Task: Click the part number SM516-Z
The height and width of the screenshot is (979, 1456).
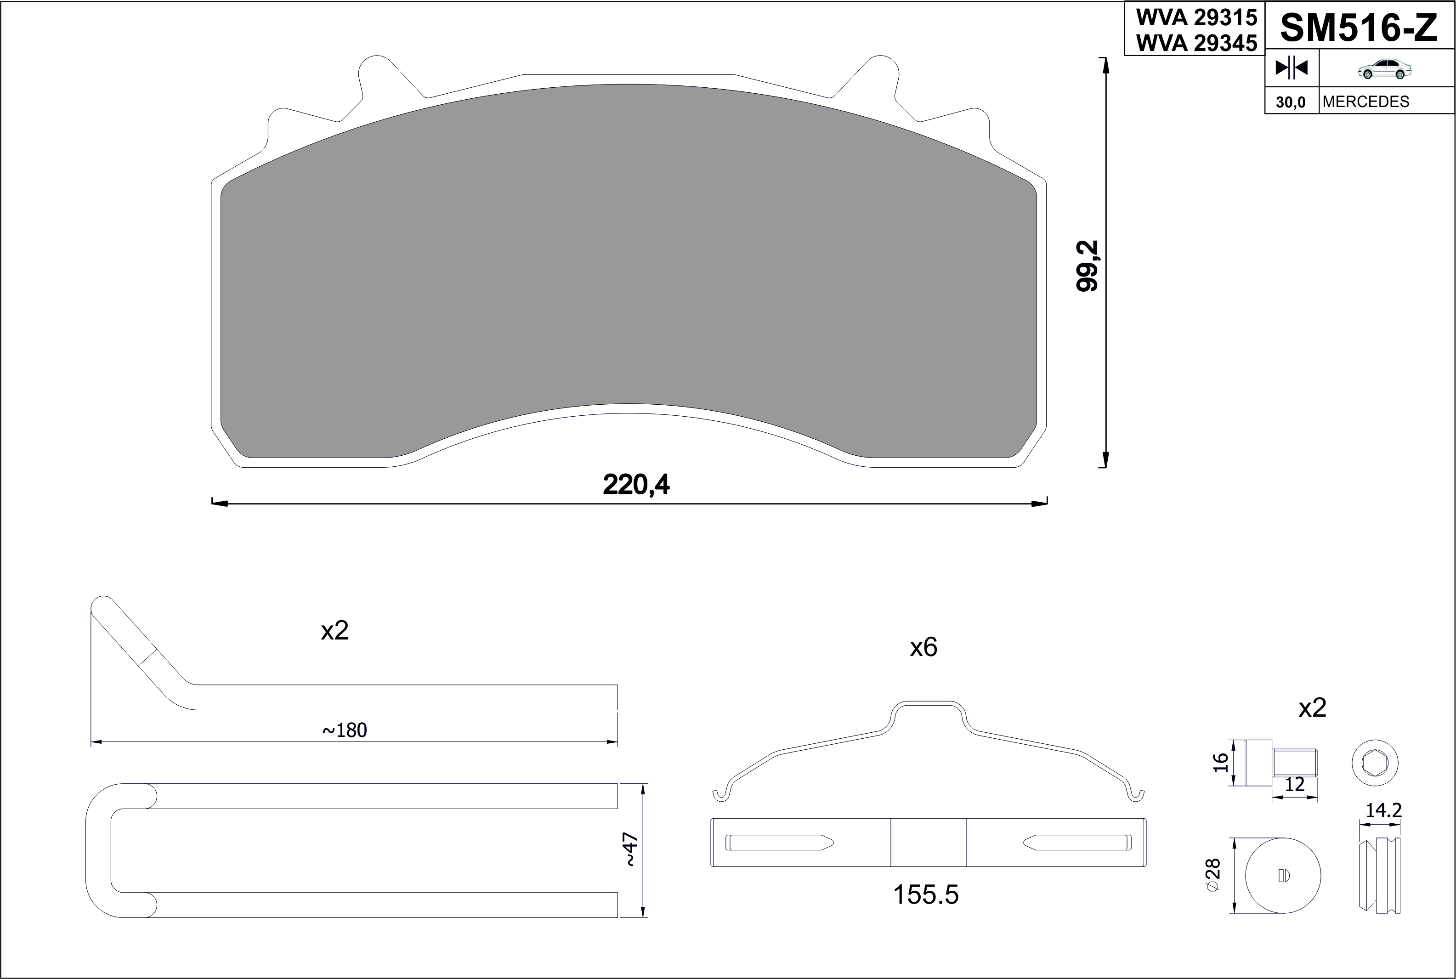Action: click(1359, 28)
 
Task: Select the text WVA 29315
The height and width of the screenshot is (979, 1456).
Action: click(1195, 17)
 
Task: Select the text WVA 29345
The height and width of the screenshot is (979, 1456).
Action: click(1195, 42)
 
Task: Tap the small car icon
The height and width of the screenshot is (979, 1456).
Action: click(1385, 70)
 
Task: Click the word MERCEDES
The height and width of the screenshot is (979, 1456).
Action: click(1365, 102)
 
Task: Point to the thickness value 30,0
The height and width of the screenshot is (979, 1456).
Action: click(1291, 102)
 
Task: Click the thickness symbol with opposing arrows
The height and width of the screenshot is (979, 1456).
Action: click(1291, 68)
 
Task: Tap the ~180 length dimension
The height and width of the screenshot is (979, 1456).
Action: click(345, 730)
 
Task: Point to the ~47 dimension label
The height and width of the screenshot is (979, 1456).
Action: click(631, 850)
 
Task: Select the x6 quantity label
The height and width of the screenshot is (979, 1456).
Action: click(923, 647)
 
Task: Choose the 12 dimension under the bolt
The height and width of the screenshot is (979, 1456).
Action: click(1295, 785)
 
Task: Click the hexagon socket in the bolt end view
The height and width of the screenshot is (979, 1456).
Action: click(1375, 763)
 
